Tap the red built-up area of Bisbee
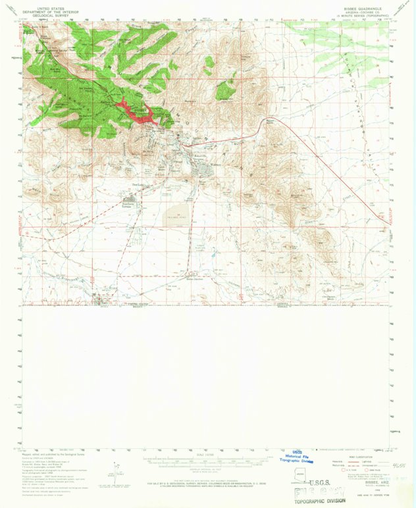pos(142,113)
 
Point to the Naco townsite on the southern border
pos(105,301)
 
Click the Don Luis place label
pos(138,185)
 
